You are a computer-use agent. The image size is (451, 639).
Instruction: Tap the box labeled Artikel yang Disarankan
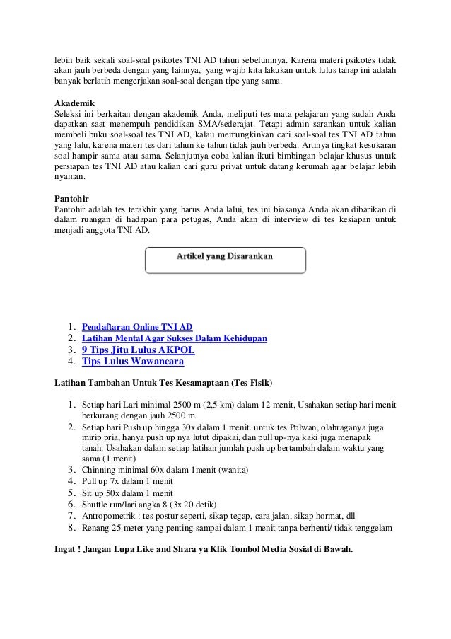(x=225, y=260)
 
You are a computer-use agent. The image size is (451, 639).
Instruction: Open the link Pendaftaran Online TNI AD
(x=137, y=327)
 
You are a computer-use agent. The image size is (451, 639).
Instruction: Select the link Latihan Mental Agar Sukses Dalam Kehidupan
(x=175, y=338)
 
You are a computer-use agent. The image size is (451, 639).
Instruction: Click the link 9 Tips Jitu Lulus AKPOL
(x=139, y=350)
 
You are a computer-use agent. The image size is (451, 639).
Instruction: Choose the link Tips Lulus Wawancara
(x=133, y=362)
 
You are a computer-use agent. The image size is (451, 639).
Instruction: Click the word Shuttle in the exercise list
(x=96, y=505)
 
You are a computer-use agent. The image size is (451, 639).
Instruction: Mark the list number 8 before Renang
(x=72, y=528)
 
